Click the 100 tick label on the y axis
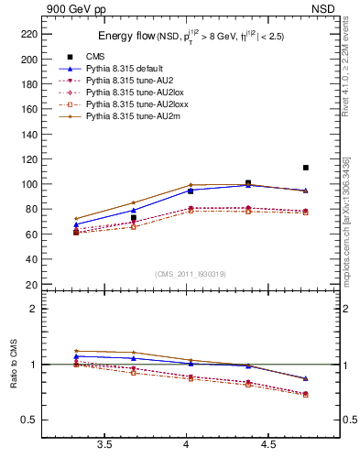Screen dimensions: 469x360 27,184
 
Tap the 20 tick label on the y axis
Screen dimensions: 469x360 30,284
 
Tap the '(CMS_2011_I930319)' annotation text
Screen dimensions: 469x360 191,274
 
